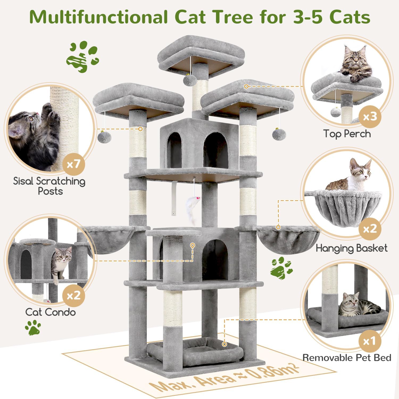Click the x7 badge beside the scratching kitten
click(x=74, y=164)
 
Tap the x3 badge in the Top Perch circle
click(x=370, y=117)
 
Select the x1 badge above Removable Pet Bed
click(x=370, y=341)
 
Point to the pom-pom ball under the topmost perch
click(x=190, y=79)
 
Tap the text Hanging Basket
click(x=351, y=248)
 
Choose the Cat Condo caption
click(x=51, y=312)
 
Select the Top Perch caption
click(x=347, y=134)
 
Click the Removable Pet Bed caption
click(x=347, y=358)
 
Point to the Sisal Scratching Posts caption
click(x=49, y=186)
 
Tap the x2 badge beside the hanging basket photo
click(x=370, y=229)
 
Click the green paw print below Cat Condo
click(x=33, y=327)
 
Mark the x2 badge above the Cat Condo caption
click(x=74, y=296)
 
